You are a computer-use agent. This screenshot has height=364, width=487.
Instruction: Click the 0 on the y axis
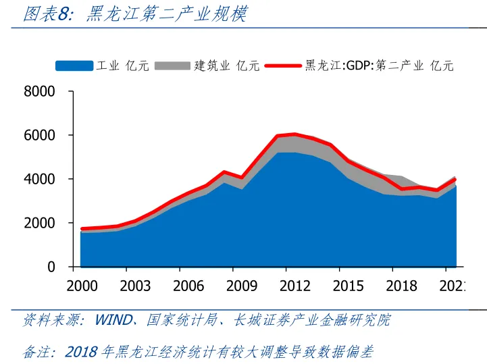[51, 267]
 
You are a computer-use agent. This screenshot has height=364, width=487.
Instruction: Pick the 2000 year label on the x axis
[82, 286]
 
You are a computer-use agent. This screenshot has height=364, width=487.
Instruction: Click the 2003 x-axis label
[135, 286]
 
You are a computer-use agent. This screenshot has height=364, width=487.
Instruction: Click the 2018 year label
[401, 286]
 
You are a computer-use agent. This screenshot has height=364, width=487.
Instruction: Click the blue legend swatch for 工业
[74, 66]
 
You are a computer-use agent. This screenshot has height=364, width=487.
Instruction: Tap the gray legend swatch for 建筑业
[172, 66]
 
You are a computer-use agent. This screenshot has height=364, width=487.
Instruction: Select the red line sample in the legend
[284, 66]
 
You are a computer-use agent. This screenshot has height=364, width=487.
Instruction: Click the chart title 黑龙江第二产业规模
[166, 14]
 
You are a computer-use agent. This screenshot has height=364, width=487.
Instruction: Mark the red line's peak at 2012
[295, 134]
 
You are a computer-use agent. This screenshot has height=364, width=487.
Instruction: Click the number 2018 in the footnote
[81, 352]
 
